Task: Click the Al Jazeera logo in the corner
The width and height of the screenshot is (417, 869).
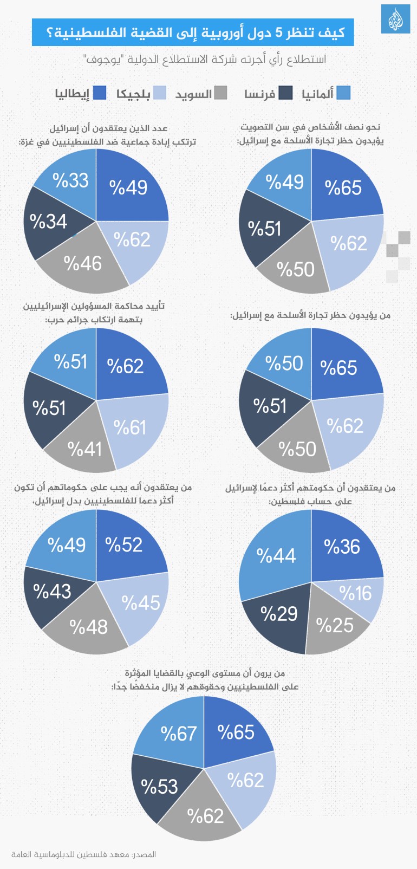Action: (x=395, y=19)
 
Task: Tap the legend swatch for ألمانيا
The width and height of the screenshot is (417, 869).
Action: (x=343, y=93)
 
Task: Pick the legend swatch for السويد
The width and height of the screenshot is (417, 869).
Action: (x=220, y=93)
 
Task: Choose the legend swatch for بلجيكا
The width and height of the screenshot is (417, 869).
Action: (x=159, y=93)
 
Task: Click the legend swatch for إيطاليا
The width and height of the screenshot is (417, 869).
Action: (x=100, y=93)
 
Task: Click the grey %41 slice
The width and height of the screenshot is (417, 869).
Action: (x=84, y=449)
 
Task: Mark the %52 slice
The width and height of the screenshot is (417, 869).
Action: (x=125, y=545)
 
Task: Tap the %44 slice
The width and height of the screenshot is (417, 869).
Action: (x=276, y=556)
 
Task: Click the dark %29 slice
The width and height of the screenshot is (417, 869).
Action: (x=279, y=614)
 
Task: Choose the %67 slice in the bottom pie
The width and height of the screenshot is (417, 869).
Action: (x=178, y=734)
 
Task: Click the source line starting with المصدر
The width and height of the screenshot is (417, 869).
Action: (x=83, y=854)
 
